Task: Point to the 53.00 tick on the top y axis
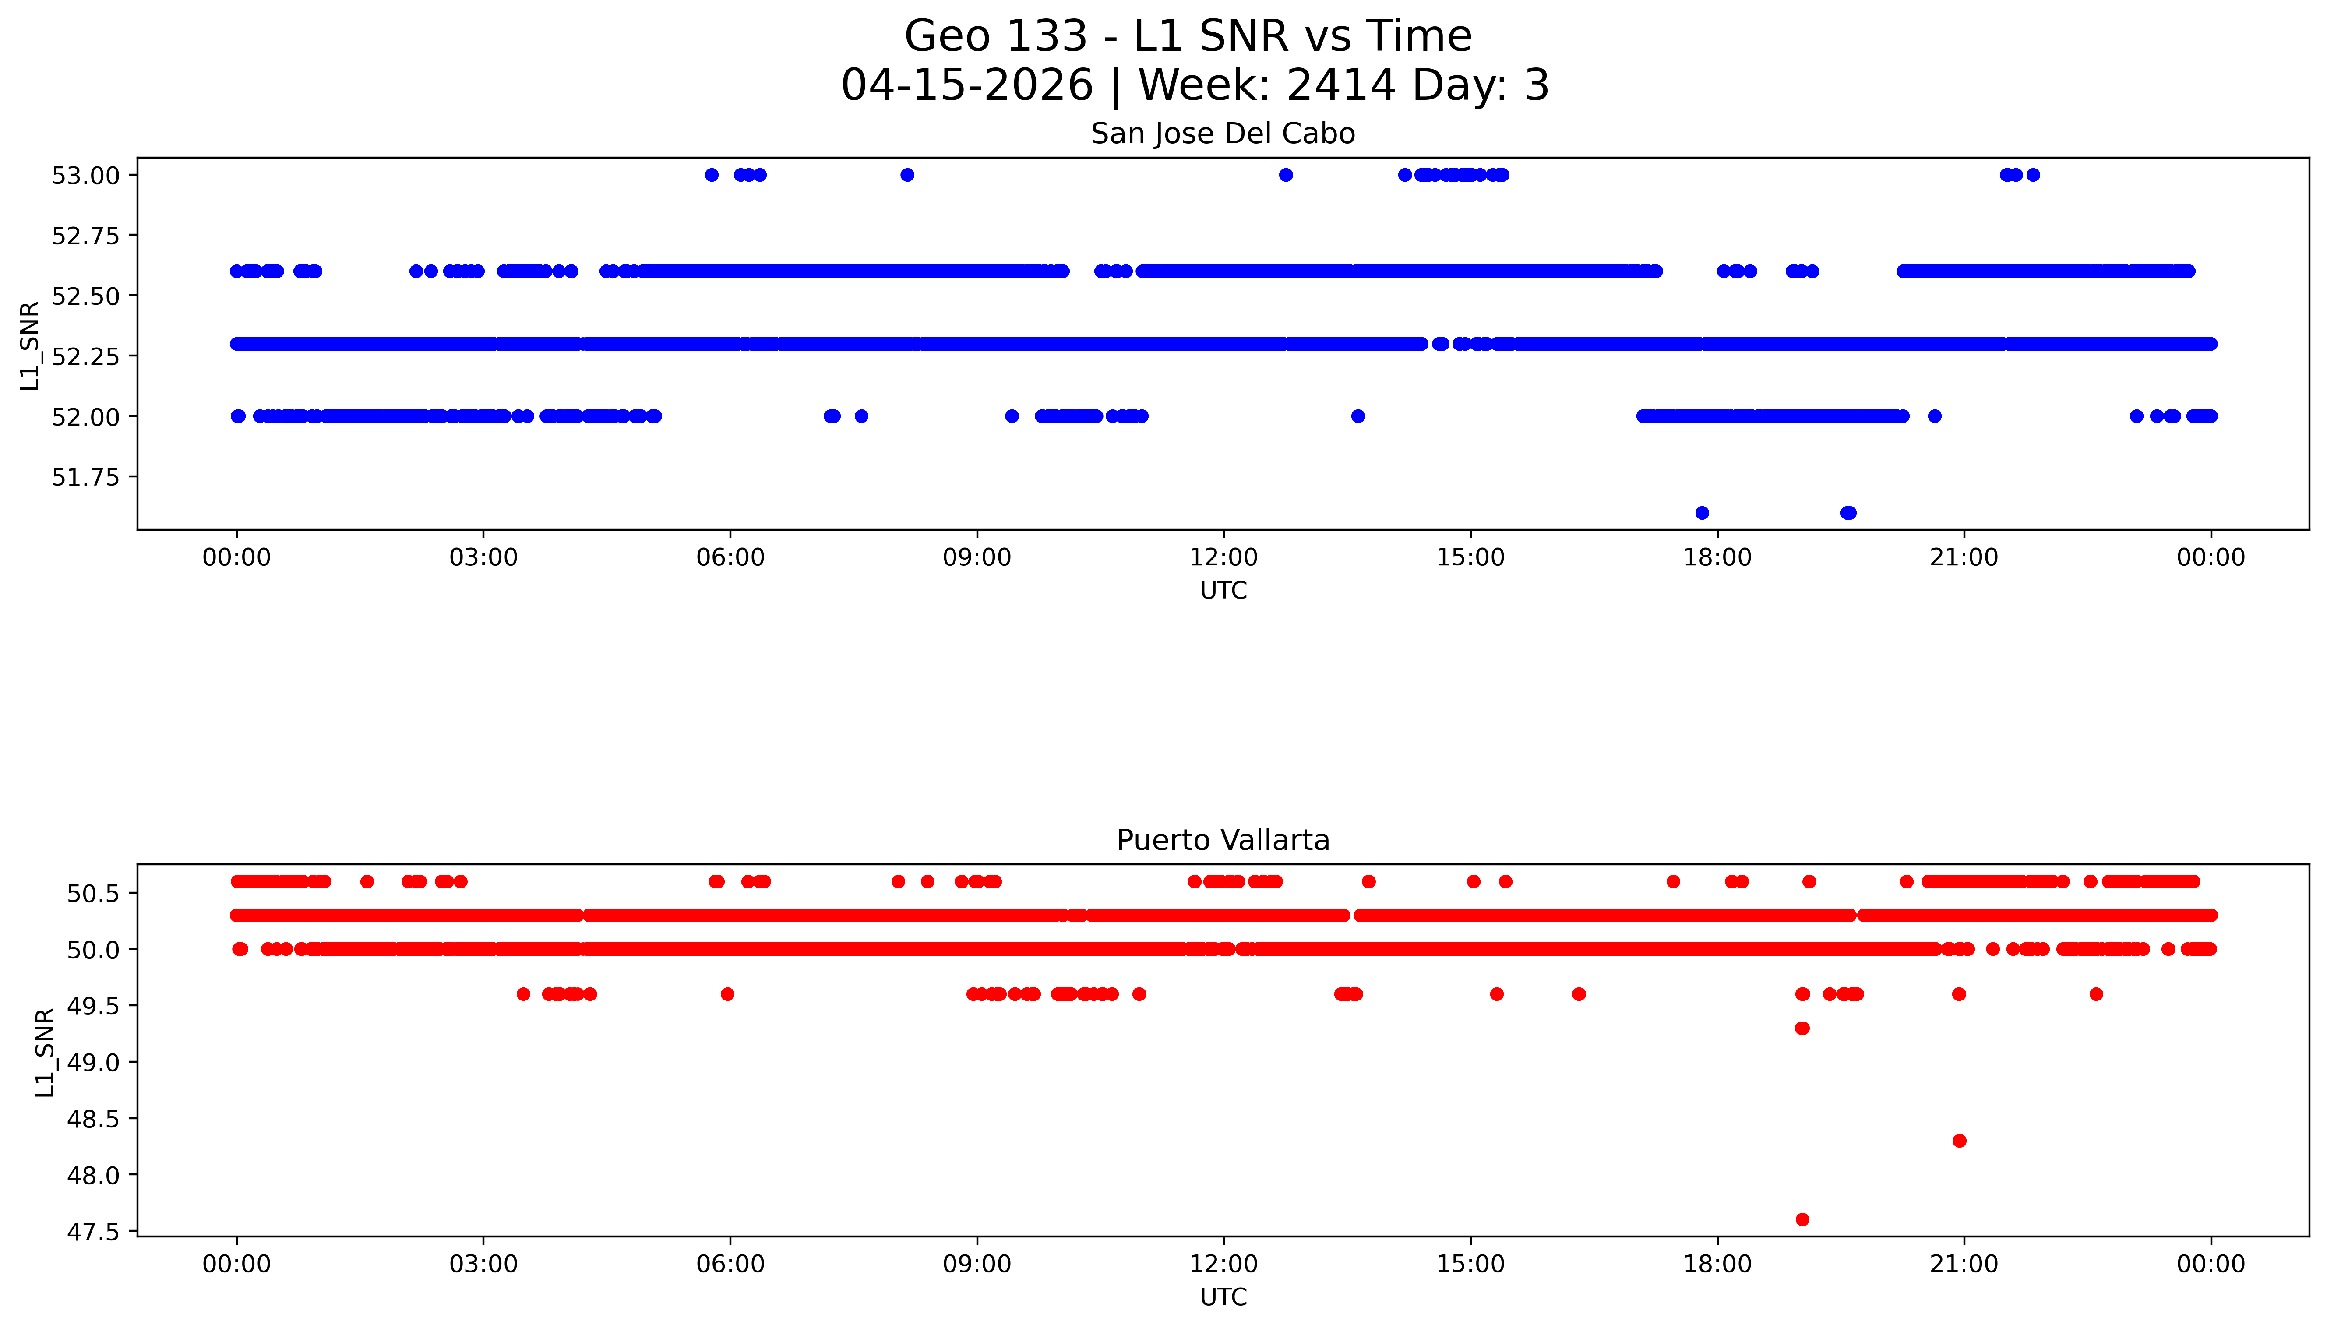pyautogui.click(x=86, y=175)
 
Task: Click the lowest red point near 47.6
pyautogui.click(x=1802, y=1219)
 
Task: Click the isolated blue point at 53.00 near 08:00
pyautogui.click(x=907, y=175)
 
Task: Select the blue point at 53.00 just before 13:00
pyautogui.click(x=1285, y=175)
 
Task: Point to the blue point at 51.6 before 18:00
pyautogui.click(x=1701, y=513)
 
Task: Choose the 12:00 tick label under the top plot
pyautogui.click(x=1223, y=557)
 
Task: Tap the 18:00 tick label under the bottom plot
pyautogui.click(x=1717, y=1264)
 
